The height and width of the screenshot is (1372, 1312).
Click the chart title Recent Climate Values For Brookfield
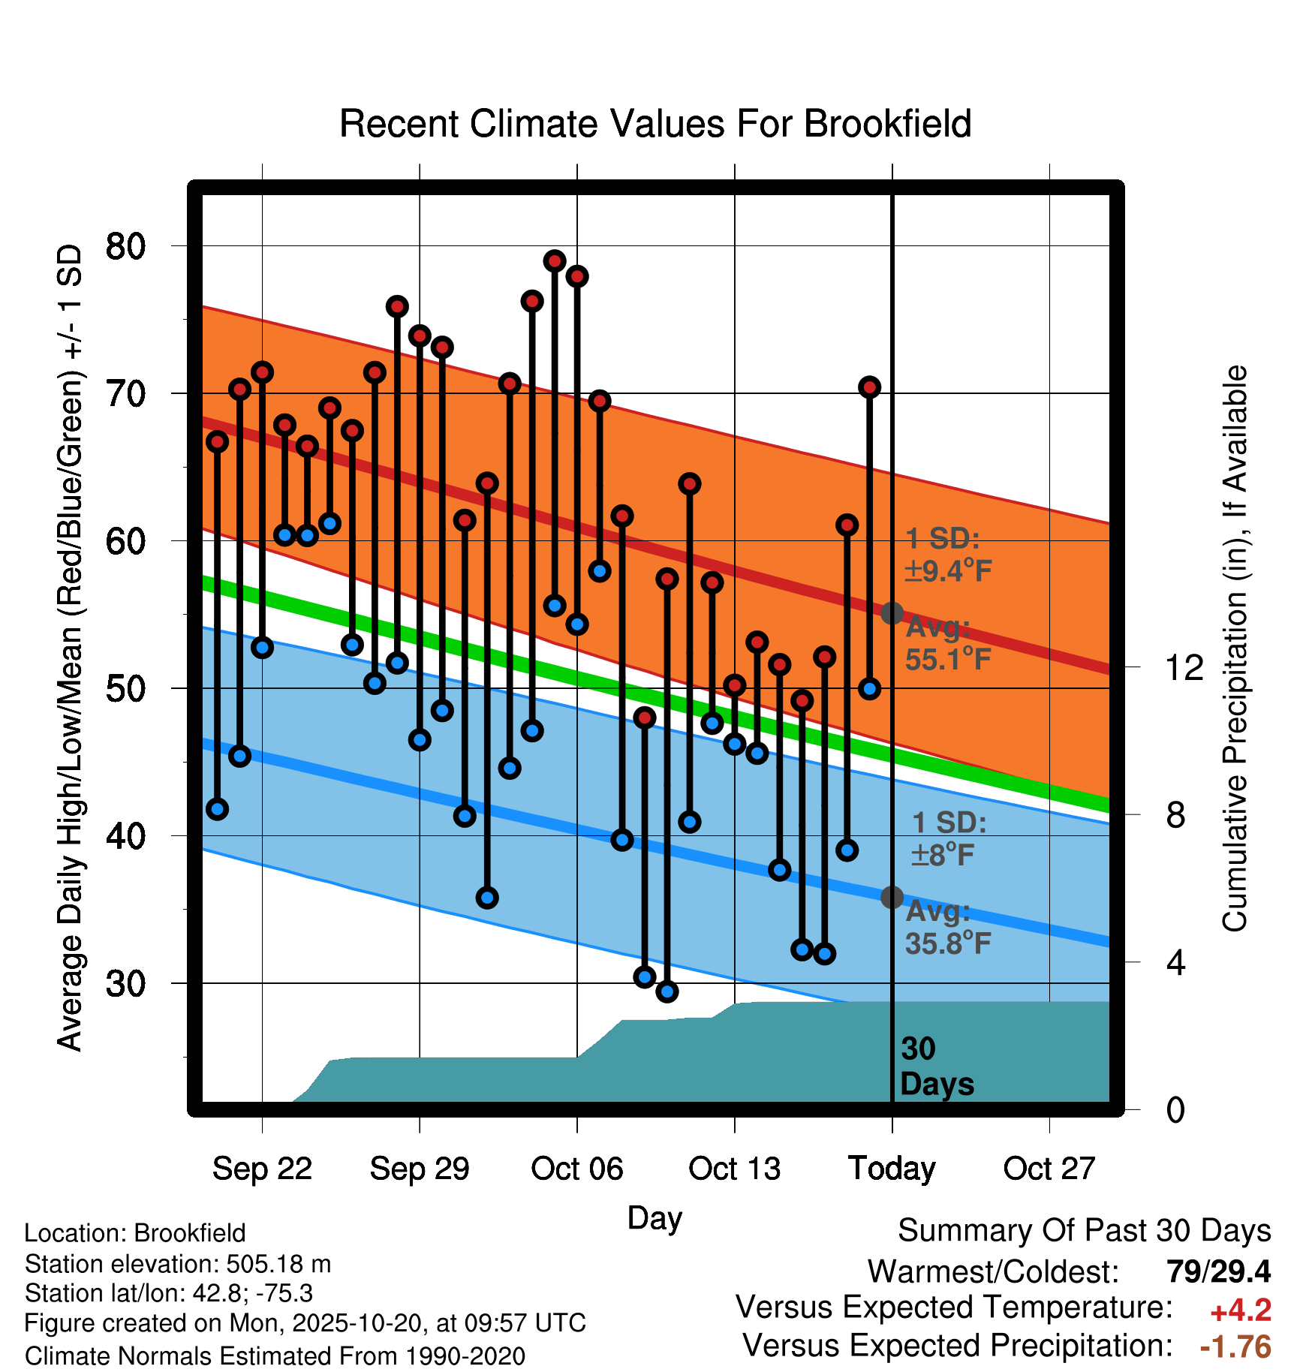[655, 124]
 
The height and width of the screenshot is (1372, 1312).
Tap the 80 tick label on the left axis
[125, 246]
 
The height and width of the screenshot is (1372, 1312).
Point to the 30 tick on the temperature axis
[125, 983]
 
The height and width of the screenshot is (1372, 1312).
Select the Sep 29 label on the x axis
[420, 1169]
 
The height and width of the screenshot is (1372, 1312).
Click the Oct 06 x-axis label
[577, 1169]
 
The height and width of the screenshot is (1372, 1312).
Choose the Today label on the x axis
[892, 1169]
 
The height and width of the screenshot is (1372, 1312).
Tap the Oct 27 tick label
[1049, 1169]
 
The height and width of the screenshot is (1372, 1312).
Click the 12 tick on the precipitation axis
[1184, 667]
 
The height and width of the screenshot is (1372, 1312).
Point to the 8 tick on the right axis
[1176, 815]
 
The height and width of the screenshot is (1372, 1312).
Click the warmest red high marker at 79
[555, 261]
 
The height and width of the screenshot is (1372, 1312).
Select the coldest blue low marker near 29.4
[667, 991]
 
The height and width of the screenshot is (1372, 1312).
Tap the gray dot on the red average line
[892, 613]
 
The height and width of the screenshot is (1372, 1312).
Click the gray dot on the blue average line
[892, 897]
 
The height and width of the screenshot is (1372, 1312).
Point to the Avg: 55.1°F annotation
[948, 644]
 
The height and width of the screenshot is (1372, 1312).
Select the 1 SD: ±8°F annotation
[948, 838]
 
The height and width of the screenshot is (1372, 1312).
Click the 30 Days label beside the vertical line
[936, 1067]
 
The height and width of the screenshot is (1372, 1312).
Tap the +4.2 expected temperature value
[1241, 1310]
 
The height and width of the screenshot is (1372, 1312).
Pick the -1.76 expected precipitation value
[1235, 1346]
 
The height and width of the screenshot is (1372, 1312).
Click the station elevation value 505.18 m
[278, 1264]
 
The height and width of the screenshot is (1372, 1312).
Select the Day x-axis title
[654, 1217]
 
